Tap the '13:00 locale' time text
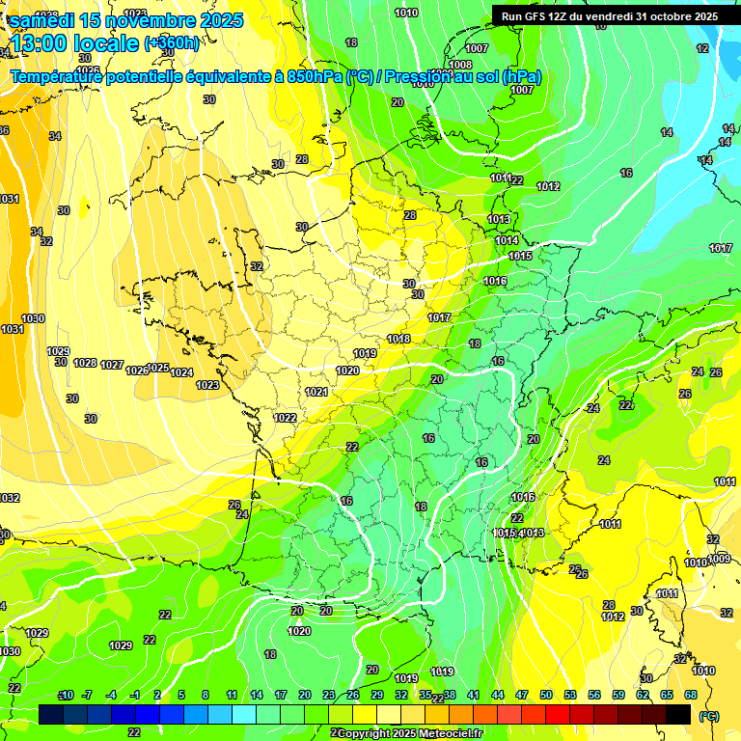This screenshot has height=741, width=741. coord(75,42)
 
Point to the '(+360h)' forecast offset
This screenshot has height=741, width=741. coord(172,43)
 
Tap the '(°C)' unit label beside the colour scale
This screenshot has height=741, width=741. coord(708,716)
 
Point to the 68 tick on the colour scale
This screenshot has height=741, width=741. coord(691,695)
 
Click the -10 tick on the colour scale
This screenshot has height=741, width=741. coord(66,695)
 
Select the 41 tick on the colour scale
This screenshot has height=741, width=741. coord(474,695)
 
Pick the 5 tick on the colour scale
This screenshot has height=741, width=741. coord(181,695)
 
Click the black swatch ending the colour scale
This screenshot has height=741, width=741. coord(678,714)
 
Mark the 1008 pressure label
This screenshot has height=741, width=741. coord(460,65)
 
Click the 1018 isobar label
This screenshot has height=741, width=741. coord(398,339)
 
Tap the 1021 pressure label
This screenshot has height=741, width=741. coord(316,392)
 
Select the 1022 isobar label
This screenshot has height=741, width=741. coord(285,418)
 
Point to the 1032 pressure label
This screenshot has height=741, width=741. coord(9,498)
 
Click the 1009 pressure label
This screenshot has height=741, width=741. coord(719,559)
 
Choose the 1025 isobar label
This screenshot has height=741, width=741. coord(158,368)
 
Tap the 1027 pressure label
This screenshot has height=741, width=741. coord(112,365)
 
